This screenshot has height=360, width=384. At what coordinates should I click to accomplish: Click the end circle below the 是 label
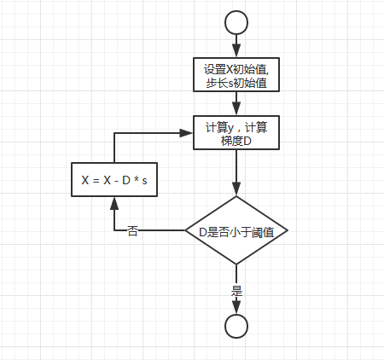pos(236,325)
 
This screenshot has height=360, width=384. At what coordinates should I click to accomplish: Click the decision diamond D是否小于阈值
pos(236,231)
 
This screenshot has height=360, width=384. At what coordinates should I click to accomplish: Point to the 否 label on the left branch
pos(133,231)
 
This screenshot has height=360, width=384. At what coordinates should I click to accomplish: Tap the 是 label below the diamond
pos(236,290)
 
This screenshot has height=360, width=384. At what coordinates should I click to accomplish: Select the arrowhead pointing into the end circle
pos(236,308)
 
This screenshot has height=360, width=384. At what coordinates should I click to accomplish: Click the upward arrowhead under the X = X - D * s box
pos(113,203)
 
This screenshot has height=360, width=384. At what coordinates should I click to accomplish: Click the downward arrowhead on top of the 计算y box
pos(236,109)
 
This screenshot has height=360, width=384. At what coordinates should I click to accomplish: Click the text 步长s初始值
pos(236,83)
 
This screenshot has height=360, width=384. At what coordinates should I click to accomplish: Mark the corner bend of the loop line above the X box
pos(113,132)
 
